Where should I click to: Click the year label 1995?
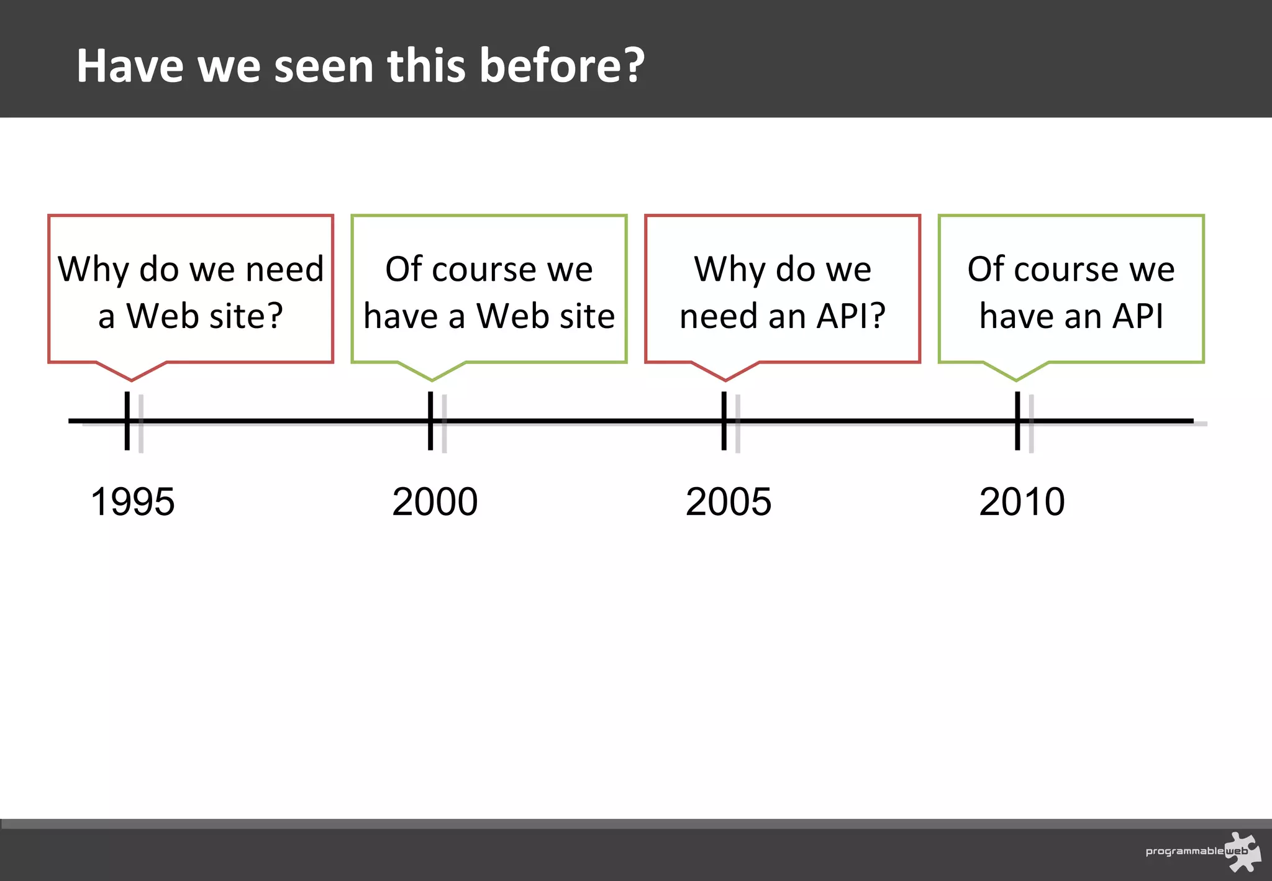[132, 501]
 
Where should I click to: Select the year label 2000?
[435, 501]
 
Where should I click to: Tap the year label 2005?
[729, 501]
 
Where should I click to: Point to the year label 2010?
[1022, 501]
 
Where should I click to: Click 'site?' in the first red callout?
[246, 316]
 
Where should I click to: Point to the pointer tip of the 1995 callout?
[132, 380]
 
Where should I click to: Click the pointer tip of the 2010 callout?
[1016, 380]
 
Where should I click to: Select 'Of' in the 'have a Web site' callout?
[404, 269]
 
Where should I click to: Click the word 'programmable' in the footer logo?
[1184, 851]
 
